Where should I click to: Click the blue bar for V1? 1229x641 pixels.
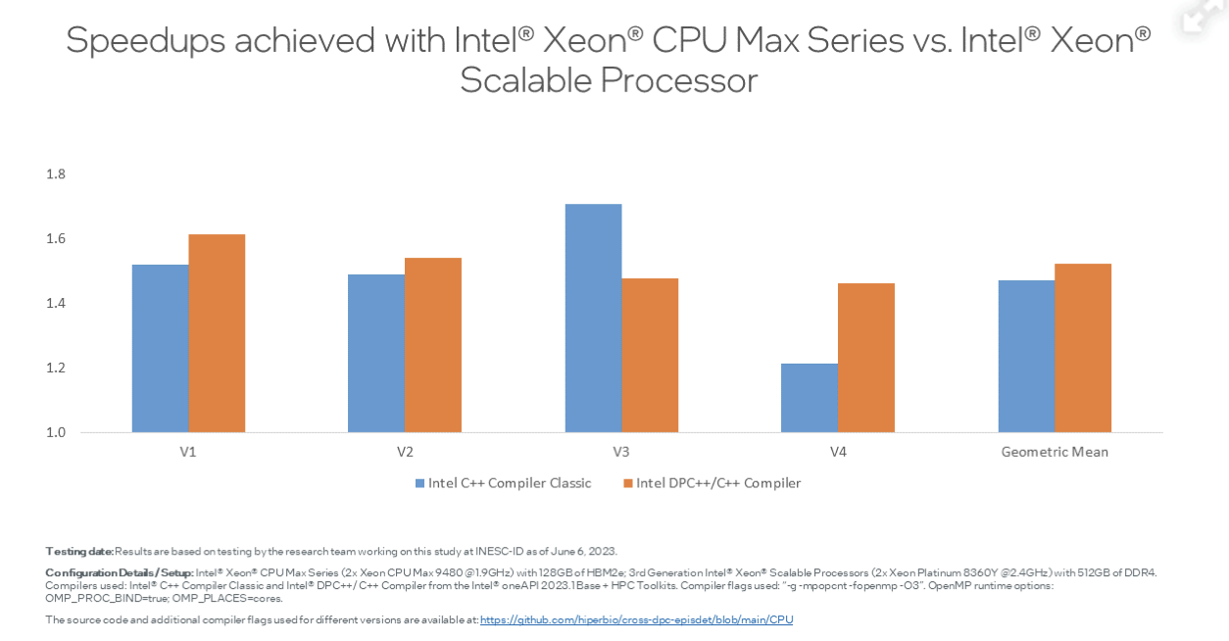161,348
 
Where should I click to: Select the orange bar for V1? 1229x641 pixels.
217,333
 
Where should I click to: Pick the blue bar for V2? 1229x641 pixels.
376,353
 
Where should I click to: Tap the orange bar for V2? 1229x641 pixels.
433,345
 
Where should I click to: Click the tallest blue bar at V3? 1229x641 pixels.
593,318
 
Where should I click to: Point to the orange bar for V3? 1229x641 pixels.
650,355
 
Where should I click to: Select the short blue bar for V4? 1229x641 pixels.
810,398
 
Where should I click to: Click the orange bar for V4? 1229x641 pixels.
866,358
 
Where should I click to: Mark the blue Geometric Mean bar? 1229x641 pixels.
1026,356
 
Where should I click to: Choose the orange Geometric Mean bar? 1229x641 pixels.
1083,348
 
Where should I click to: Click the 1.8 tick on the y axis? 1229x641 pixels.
56,174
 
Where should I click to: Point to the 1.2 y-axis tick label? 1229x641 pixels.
56,368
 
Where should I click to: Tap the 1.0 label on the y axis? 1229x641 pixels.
56,432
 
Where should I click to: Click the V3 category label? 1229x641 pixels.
621,452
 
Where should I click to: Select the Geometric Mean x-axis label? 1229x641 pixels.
1055,452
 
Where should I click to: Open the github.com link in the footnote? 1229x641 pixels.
636,619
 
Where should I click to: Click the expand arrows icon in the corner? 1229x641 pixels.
1202,15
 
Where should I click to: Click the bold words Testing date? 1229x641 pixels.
79,551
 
